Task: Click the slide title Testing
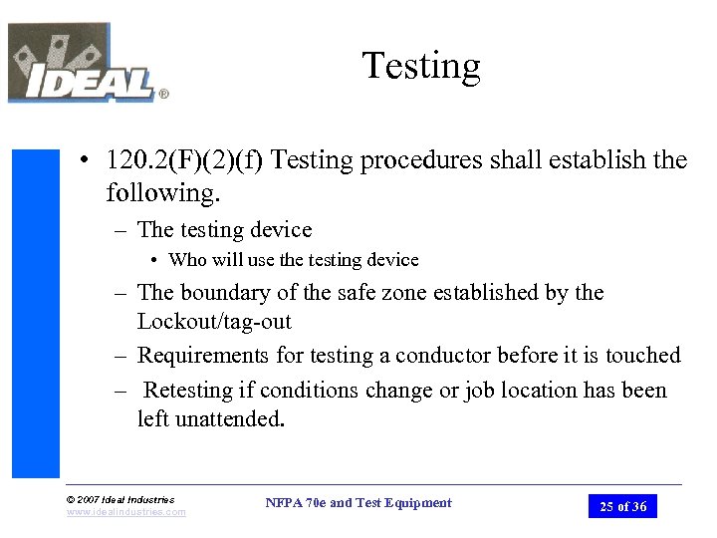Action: [421, 67]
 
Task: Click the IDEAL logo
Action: [84, 66]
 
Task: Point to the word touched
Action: [642, 356]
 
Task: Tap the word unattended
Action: [228, 419]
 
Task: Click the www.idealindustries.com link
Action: [125, 512]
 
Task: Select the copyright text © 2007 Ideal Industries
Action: [119, 499]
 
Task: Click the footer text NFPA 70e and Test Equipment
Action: [358, 503]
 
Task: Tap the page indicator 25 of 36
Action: [622, 506]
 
